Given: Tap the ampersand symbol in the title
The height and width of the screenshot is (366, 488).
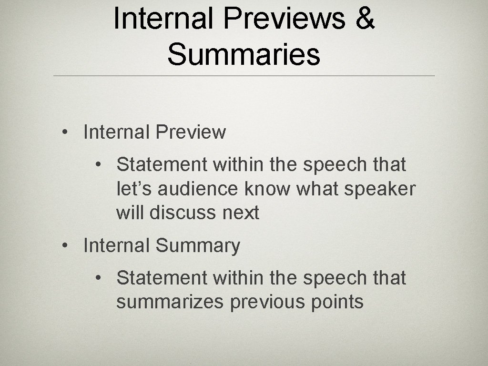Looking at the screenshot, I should coord(364,19).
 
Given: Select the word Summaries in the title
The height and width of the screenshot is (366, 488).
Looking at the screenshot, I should coord(244,54).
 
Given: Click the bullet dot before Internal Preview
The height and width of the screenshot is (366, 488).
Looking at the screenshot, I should coord(65,132).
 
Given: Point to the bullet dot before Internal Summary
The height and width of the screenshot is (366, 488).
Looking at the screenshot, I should coord(65,246).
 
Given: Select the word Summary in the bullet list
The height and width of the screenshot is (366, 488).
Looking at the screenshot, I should coord(198,246).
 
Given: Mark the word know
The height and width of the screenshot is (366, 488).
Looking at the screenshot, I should coord(267,189).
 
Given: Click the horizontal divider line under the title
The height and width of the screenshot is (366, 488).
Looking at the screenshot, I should coord(244,76).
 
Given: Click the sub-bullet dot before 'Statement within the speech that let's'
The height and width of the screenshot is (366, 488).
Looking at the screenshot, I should coord(98,165).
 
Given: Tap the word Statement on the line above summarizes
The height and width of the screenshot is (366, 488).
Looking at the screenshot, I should coord(163,278).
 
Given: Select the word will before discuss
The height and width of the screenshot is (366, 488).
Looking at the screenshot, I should coord(130,213).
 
